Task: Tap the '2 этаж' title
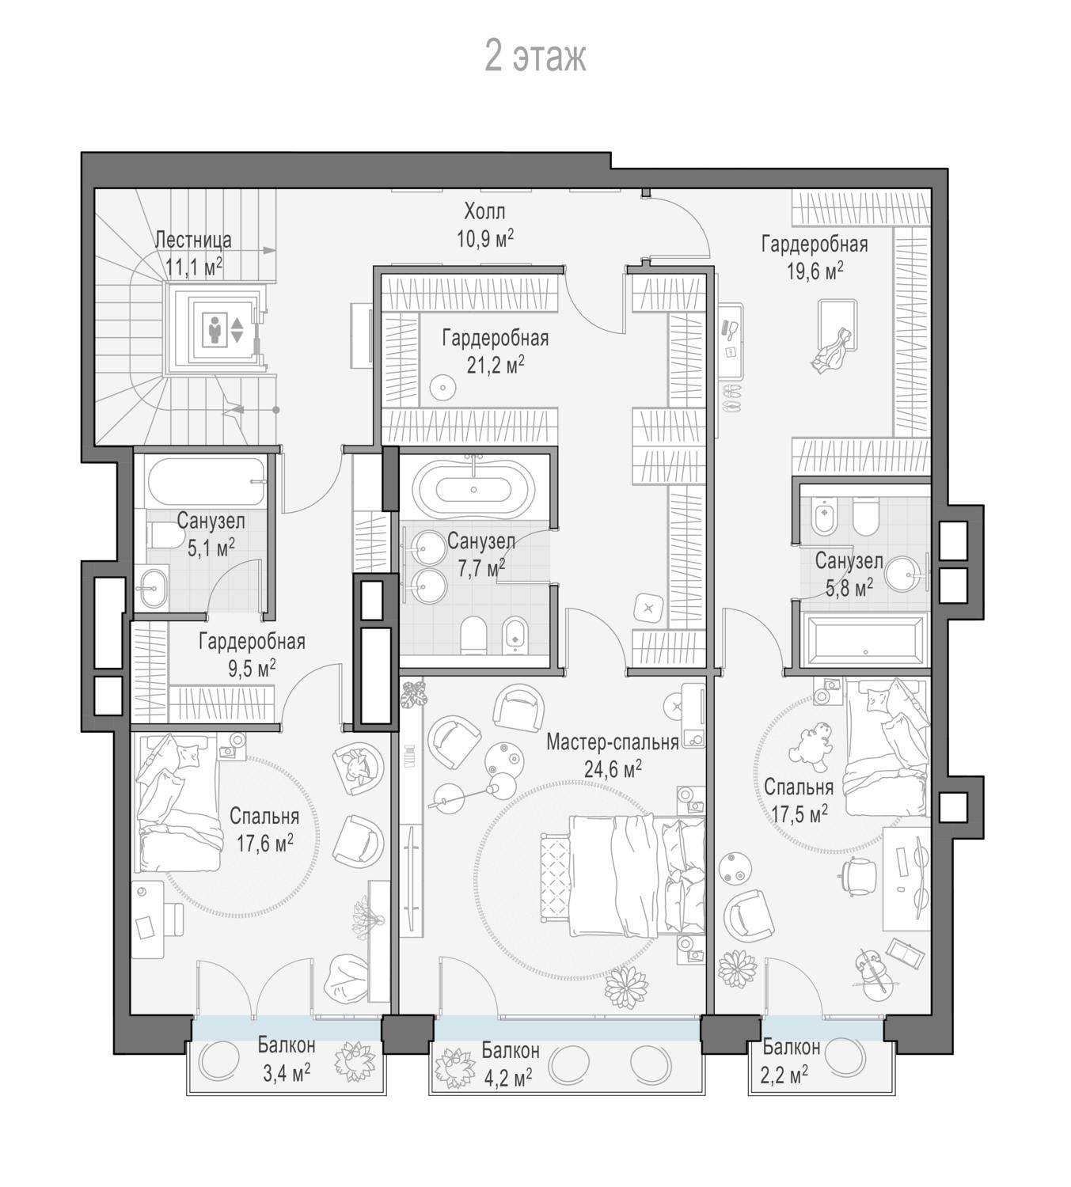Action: (535, 57)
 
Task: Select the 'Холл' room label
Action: (484, 210)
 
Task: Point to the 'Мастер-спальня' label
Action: (612, 742)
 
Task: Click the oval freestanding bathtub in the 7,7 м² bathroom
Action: (473, 490)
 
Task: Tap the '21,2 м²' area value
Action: (496, 365)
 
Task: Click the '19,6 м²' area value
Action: (815, 271)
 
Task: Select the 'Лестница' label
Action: (193, 241)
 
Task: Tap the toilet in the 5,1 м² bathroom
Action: (165, 534)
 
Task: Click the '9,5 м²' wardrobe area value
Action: (252, 669)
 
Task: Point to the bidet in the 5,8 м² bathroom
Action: (823, 517)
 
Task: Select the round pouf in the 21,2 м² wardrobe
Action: (442, 389)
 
